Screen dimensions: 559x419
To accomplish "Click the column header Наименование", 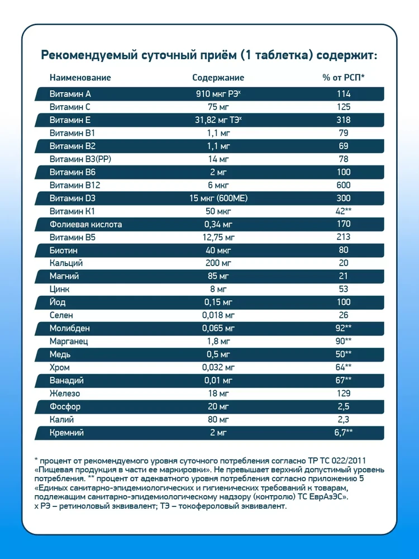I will (x=80, y=78).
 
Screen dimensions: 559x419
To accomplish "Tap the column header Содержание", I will (x=218, y=78).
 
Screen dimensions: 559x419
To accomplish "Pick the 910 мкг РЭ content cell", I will (x=218, y=94).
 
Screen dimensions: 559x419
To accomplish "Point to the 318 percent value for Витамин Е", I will (x=344, y=120).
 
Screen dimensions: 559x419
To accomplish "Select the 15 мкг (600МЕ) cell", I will (x=218, y=198).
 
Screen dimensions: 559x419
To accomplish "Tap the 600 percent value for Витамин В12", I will (x=344, y=185).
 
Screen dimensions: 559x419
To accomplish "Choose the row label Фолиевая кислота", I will (x=85, y=224).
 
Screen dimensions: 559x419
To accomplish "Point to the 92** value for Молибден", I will (x=344, y=328).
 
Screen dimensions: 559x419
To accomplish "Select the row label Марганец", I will (x=69, y=341).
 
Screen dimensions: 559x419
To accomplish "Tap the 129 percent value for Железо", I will (x=344, y=393).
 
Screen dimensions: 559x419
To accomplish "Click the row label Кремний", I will (x=67, y=432).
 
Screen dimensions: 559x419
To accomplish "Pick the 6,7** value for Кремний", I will (x=344, y=432).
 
